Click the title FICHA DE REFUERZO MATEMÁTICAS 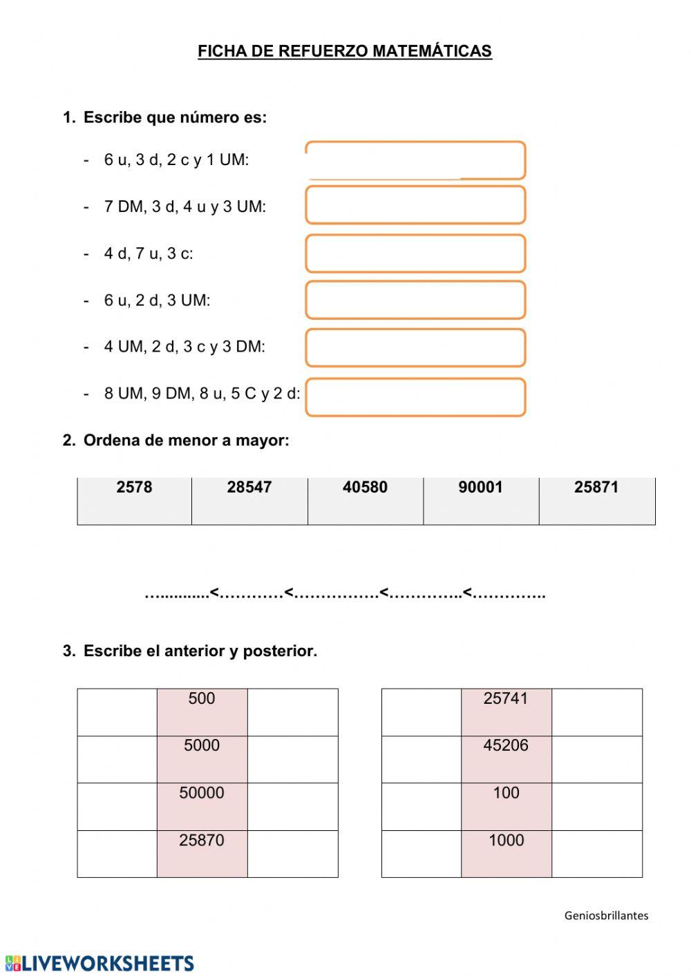pos(345,51)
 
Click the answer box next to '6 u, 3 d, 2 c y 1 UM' pos(415,160)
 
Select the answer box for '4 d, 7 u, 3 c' pos(415,253)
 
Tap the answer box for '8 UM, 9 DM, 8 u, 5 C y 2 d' pos(415,397)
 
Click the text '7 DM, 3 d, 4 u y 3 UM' pos(184,207)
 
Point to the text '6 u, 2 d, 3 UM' pos(157,300)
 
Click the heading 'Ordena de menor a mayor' pos(186,441)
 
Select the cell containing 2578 pos(135,500)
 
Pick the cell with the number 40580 pos(365,500)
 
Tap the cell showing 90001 pos(481,500)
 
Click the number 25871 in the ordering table pos(596,488)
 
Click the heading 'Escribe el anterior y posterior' pos(200,651)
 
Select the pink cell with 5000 pos(202,759)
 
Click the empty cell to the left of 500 pos(117,712)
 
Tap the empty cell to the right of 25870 pos(292,854)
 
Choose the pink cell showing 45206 pos(506,759)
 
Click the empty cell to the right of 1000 pos(597,854)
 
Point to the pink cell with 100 pos(506,806)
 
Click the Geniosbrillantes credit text pos(606,916)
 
